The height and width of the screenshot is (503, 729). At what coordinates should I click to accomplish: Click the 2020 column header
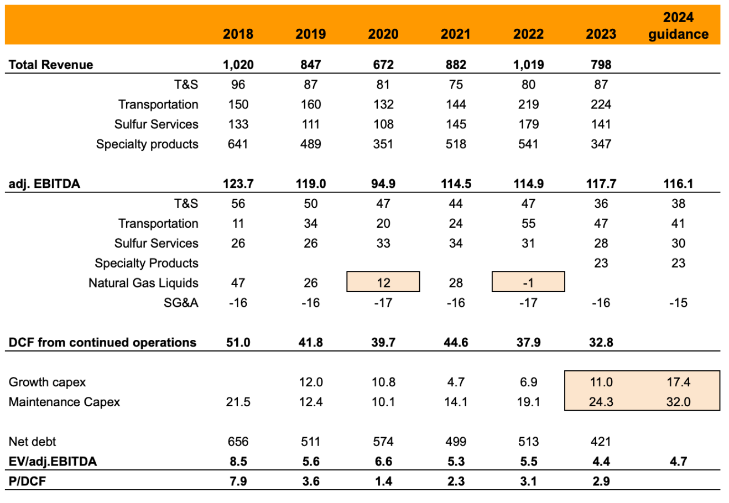click(383, 34)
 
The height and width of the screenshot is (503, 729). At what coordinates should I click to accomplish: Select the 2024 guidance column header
click(678, 26)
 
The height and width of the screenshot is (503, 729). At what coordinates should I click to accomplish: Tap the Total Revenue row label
click(51, 65)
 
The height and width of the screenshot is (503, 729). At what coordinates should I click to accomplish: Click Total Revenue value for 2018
click(238, 65)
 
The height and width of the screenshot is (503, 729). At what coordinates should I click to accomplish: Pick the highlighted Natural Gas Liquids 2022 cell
click(528, 282)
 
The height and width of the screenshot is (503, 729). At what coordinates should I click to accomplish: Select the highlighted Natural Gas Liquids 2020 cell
click(383, 282)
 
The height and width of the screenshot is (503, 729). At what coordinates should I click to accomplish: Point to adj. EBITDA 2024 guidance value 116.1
click(678, 184)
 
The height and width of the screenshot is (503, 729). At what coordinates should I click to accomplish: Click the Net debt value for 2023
click(601, 442)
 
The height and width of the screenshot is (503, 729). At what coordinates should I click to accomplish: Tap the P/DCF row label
click(27, 481)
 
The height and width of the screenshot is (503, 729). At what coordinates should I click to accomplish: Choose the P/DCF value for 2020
click(383, 481)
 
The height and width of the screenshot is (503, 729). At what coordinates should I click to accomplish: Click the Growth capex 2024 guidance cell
click(678, 382)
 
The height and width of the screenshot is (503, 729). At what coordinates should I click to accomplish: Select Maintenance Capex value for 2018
click(238, 402)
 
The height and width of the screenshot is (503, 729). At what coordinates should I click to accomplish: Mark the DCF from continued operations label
click(102, 343)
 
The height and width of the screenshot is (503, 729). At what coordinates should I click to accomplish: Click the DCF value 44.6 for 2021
click(456, 343)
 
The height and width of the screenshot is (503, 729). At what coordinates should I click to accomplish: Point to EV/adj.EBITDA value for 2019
click(310, 462)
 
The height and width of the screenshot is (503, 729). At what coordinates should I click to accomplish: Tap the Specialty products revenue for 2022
click(528, 144)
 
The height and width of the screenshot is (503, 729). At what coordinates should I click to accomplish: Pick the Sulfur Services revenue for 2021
click(456, 124)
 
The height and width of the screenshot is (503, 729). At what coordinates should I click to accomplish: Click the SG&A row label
click(181, 303)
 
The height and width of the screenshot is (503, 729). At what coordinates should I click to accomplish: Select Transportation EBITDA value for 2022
click(528, 223)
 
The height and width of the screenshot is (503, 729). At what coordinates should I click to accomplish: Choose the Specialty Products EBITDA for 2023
click(601, 263)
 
